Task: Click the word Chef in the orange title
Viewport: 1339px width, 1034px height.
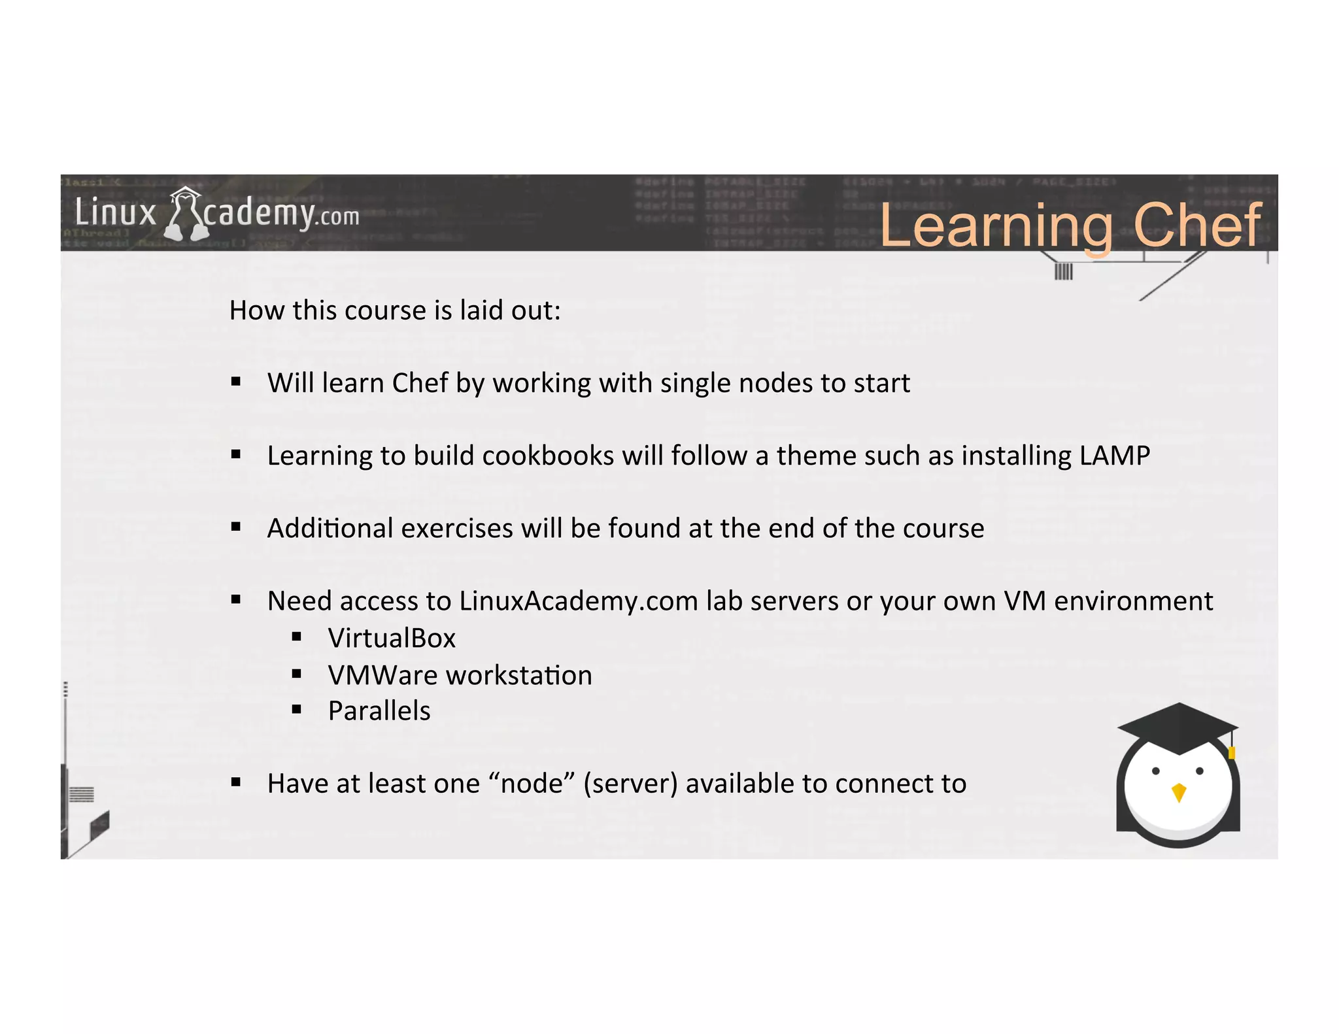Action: click(x=1196, y=225)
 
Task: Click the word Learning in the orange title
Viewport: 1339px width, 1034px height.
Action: click(x=996, y=226)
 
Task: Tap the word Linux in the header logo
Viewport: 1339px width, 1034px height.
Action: click(x=116, y=213)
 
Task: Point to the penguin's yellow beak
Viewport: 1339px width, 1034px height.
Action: click(x=1179, y=792)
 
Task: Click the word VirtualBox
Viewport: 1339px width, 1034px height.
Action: click(x=392, y=638)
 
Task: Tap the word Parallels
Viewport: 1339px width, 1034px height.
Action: click(x=379, y=710)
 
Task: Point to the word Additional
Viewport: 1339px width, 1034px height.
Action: click(x=330, y=528)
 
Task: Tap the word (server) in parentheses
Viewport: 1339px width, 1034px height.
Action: click(x=630, y=783)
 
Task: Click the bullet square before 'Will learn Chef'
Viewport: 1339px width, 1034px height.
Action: click(x=236, y=382)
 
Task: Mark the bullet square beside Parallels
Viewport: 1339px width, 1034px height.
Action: click(x=297, y=709)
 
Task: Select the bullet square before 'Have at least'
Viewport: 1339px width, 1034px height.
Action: click(x=236, y=782)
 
